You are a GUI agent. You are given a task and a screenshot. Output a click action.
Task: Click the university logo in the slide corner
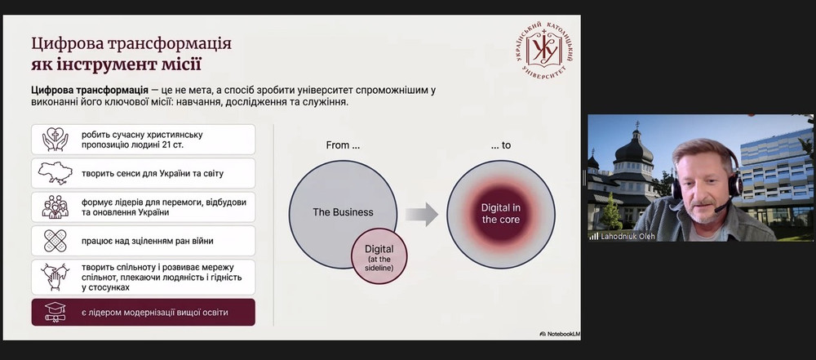click(543, 51)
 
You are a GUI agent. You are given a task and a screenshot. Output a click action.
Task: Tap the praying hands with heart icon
click(55, 139)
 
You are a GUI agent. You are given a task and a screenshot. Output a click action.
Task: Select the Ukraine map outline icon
click(55, 173)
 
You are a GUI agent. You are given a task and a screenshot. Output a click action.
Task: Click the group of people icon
click(55, 207)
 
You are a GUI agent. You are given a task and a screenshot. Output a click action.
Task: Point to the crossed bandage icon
click(55, 241)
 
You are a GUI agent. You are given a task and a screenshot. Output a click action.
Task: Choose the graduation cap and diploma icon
click(55, 312)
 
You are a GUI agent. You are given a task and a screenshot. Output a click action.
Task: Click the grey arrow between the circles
click(422, 214)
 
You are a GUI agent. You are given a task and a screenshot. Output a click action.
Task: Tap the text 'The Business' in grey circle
click(343, 212)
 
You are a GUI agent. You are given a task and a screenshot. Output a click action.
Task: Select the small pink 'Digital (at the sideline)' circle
click(379, 256)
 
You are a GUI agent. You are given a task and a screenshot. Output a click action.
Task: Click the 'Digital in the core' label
click(501, 214)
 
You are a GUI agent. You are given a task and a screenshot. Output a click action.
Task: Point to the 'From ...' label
click(343, 145)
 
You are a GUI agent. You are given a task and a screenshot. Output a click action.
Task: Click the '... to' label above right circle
click(501, 145)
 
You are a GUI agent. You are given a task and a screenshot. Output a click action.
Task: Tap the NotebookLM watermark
click(560, 333)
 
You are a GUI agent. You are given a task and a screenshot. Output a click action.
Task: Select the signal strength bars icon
click(594, 237)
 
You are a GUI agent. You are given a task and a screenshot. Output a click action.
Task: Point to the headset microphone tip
click(717, 210)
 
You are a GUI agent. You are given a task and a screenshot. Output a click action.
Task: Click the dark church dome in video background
click(634, 150)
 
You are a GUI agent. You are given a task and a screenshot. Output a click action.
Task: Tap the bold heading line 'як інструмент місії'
click(116, 65)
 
